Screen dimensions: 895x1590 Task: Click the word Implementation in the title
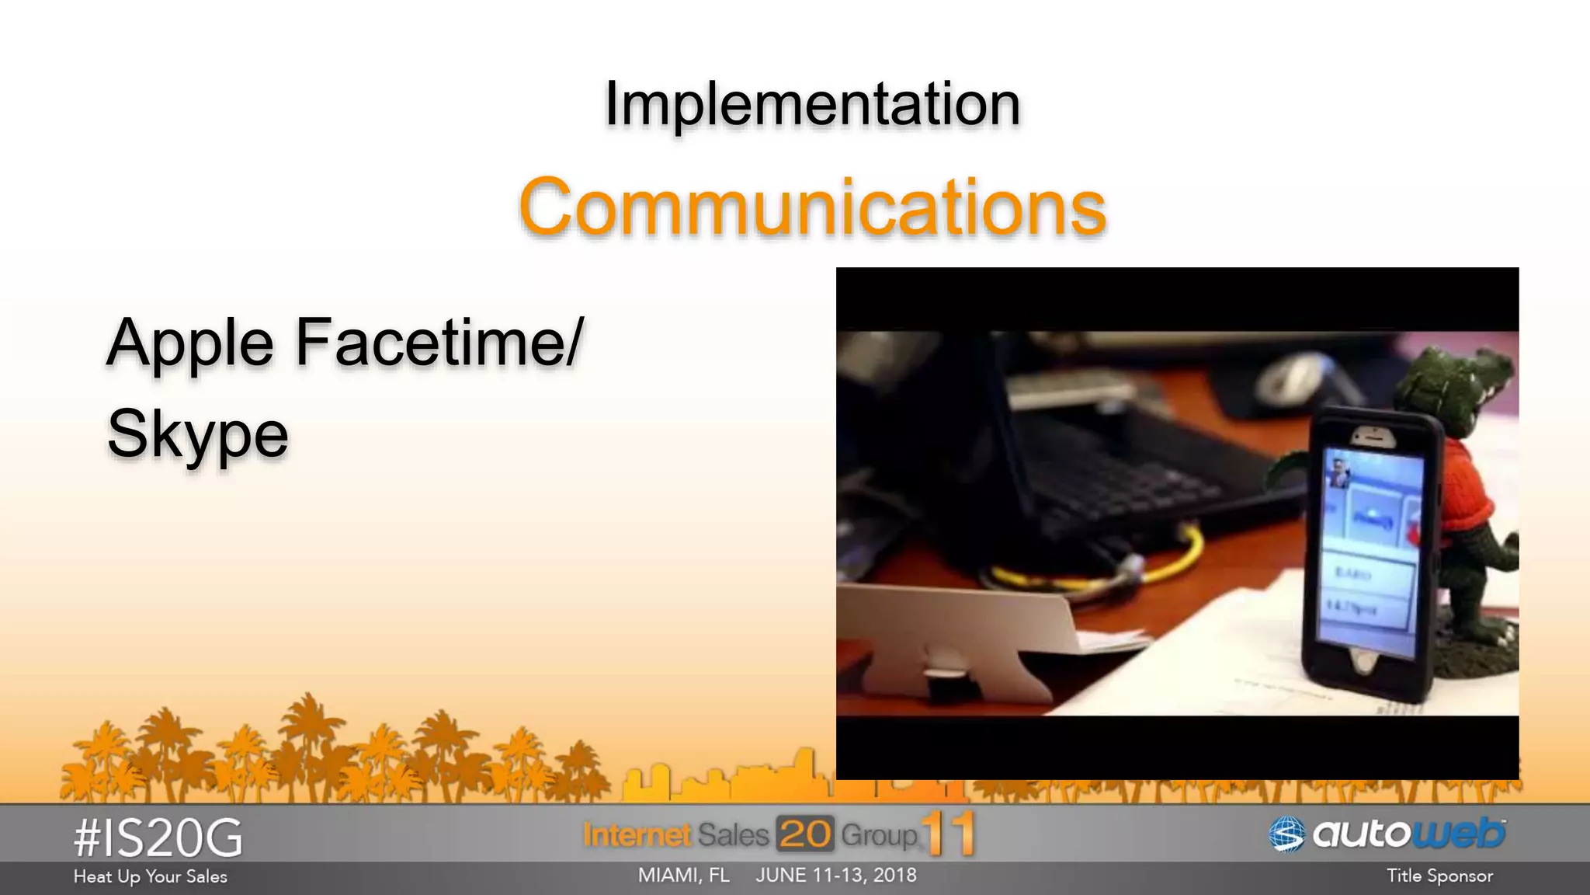point(812,103)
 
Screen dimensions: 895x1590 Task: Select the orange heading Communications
point(812,207)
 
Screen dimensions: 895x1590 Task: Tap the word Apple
point(190,343)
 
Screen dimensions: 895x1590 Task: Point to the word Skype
point(197,434)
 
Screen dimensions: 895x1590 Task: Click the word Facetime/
point(439,343)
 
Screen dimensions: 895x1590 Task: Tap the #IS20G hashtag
point(158,838)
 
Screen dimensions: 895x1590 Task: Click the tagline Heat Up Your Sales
point(150,876)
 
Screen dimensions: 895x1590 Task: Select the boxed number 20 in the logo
point(804,835)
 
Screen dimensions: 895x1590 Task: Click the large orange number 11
point(949,834)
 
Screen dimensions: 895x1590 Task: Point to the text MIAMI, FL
point(683,876)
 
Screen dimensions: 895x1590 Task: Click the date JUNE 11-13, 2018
point(836,876)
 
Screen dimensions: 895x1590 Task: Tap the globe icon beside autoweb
point(1286,835)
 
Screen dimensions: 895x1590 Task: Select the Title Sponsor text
point(1439,876)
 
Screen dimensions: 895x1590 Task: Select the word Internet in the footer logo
point(637,835)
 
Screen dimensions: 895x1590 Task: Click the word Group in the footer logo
point(879,835)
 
